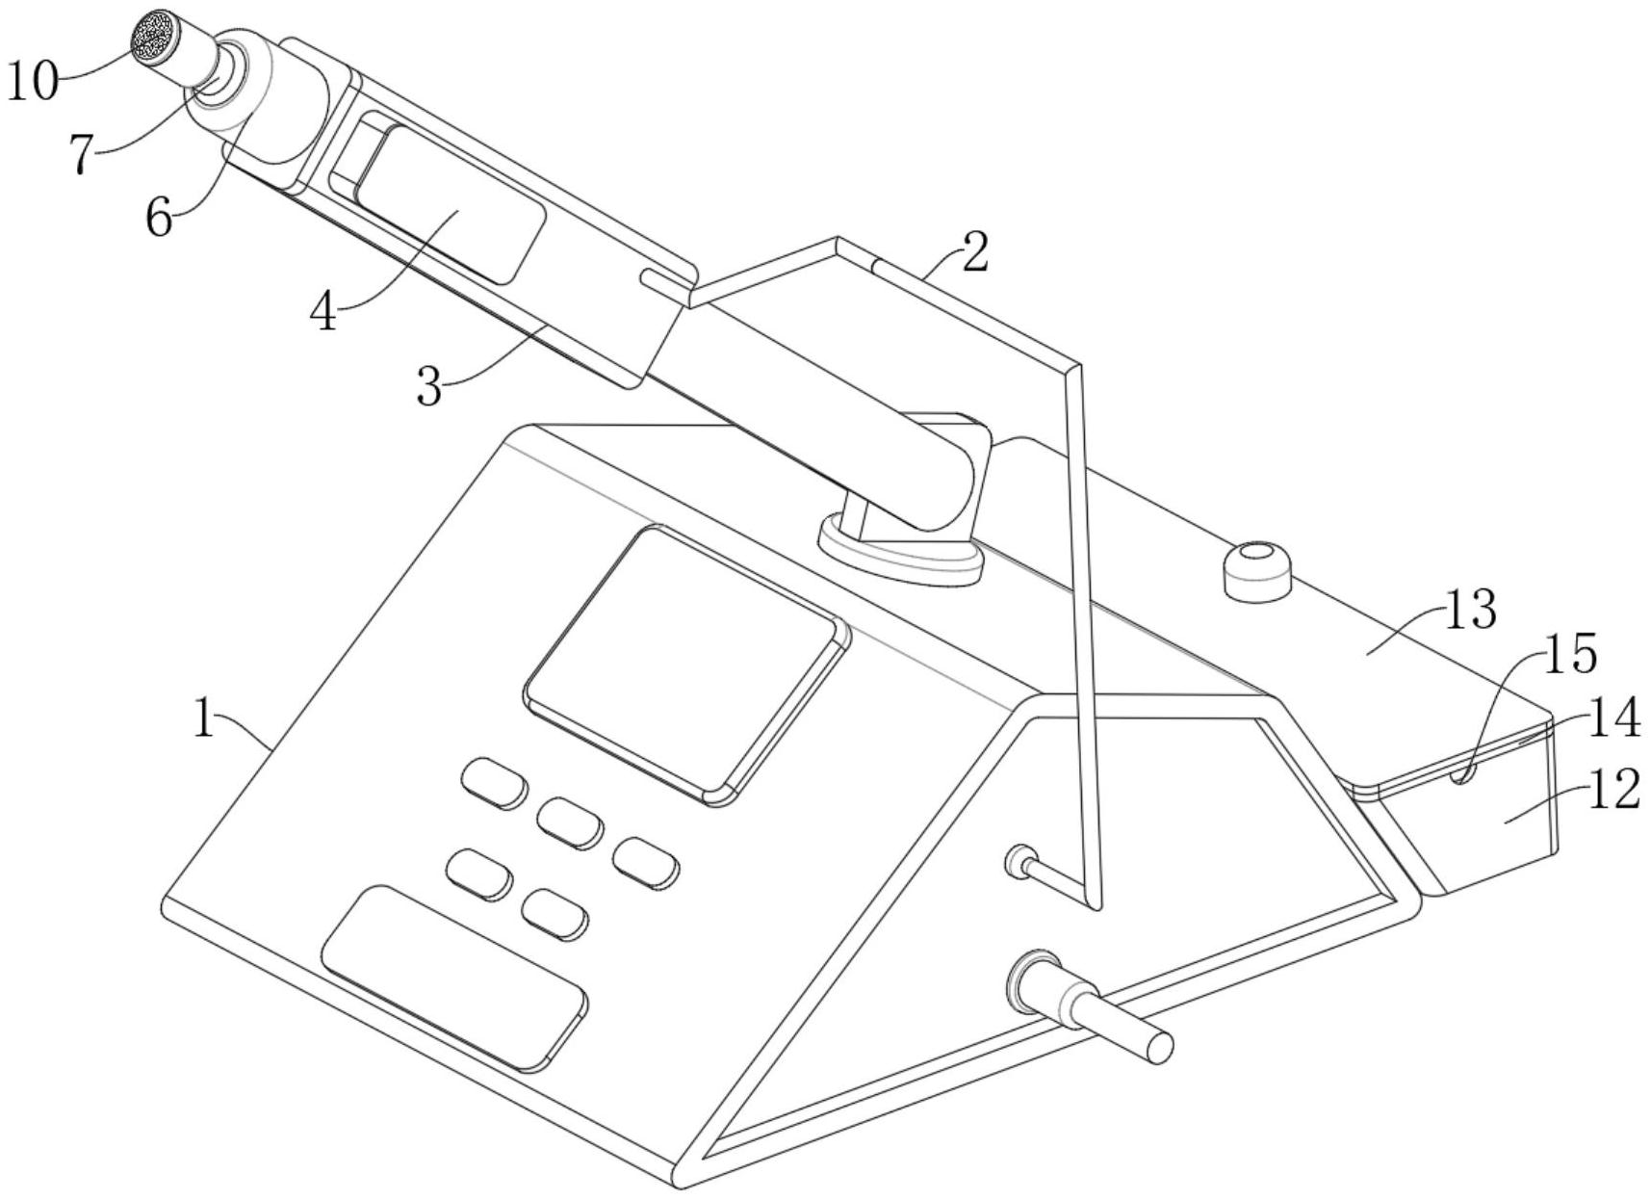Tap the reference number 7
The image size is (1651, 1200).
[x=85, y=154]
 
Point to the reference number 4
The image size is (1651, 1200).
[x=325, y=311]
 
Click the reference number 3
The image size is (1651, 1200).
[x=430, y=387]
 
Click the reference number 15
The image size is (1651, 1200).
[x=1570, y=654]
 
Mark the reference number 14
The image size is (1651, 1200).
[x=1612, y=719]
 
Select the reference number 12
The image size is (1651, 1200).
[x=1612, y=791]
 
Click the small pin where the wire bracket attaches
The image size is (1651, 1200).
[x=1019, y=860]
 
